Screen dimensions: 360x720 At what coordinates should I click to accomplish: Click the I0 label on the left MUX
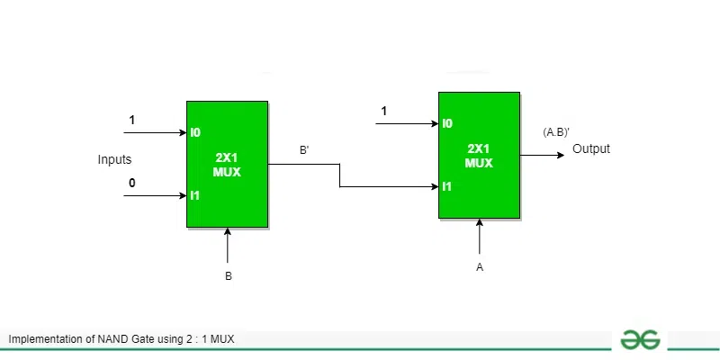(195, 132)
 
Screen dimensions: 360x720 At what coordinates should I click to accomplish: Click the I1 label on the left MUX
(194, 194)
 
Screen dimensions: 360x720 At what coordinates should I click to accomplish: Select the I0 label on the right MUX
(447, 123)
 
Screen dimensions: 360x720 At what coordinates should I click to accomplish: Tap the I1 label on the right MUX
(446, 186)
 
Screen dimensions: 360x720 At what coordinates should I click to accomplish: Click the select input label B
(229, 276)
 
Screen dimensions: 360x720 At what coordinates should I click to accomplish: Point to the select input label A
(481, 267)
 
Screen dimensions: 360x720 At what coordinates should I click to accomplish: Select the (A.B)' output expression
(556, 132)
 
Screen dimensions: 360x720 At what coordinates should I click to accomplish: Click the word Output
(591, 149)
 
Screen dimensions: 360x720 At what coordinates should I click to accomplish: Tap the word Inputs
(114, 159)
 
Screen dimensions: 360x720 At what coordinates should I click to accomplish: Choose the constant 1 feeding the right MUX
(384, 111)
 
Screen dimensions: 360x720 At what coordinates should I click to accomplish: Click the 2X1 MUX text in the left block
(229, 164)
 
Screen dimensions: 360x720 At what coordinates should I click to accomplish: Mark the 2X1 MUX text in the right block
(479, 155)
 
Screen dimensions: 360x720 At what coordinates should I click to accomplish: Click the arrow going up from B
(228, 245)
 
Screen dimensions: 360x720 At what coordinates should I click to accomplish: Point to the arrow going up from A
(480, 236)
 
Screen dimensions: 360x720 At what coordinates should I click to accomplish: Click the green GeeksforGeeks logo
(641, 339)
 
